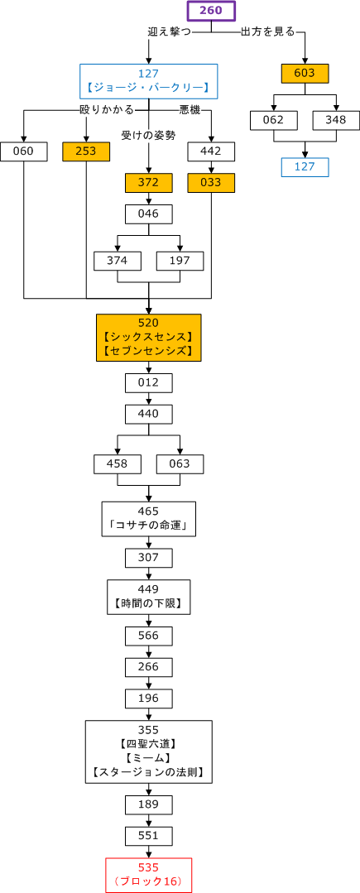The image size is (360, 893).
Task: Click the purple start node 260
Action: pyautogui.click(x=211, y=11)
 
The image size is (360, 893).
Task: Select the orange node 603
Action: pyautogui.click(x=305, y=73)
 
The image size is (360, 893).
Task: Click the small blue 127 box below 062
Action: pyautogui.click(x=305, y=167)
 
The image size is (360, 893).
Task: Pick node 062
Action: pyautogui.click(x=273, y=120)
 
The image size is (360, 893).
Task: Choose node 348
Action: pyautogui.click(x=336, y=120)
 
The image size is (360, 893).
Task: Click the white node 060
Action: pyautogui.click(x=24, y=151)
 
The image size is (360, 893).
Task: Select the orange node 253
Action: pyautogui.click(x=86, y=151)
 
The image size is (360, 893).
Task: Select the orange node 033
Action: pyautogui.click(x=211, y=183)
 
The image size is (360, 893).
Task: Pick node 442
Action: pyautogui.click(x=211, y=151)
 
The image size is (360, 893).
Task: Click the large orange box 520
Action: pyautogui.click(x=149, y=338)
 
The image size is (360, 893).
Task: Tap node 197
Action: pyautogui.click(x=180, y=261)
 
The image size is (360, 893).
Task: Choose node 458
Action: pyautogui.click(x=118, y=464)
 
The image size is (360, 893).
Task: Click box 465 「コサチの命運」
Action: pyautogui.click(x=149, y=519)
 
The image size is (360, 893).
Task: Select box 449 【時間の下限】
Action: pyautogui.click(x=149, y=597)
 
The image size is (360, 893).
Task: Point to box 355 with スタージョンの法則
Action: pyautogui.click(x=149, y=752)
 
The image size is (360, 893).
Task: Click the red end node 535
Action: pyautogui.click(x=149, y=875)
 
